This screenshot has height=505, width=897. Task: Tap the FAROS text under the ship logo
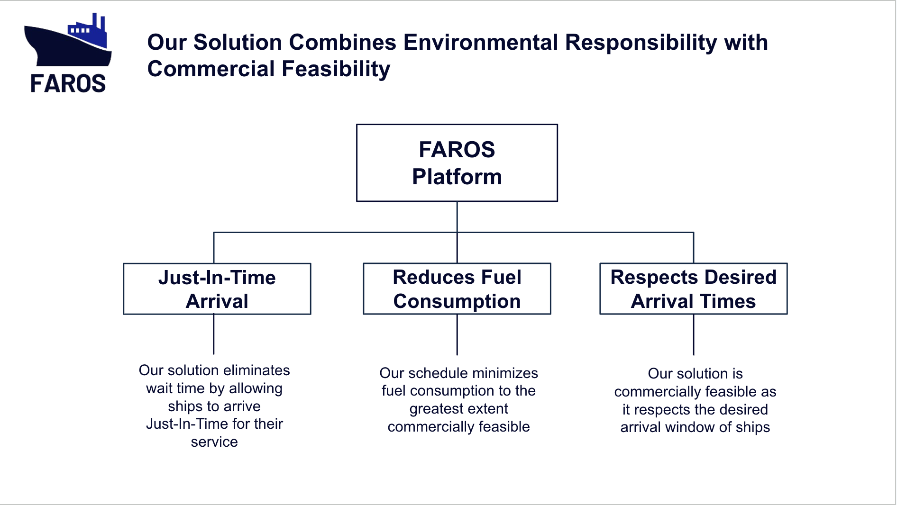point(68,84)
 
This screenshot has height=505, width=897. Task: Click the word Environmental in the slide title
point(481,43)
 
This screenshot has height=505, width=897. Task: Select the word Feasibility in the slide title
point(336,69)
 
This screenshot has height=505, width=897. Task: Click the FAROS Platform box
point(457,162)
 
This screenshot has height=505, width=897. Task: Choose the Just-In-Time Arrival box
point(217,289)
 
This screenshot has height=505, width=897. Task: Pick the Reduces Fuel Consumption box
point(457,289)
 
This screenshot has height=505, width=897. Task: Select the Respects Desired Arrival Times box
point(693,289)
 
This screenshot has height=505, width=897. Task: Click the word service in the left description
point(214,442)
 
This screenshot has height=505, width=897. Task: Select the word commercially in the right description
point(657,392)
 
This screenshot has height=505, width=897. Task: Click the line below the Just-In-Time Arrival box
point(214,334)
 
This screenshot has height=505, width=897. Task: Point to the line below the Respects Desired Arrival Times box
point(694,334)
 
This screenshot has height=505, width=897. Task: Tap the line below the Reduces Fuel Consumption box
point(457,334)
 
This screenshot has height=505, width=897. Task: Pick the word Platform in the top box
point(457,177)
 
